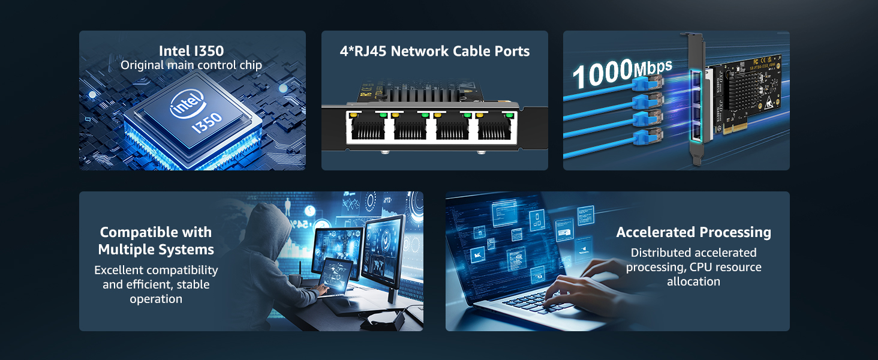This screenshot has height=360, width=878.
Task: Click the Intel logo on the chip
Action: [x=187, y=104]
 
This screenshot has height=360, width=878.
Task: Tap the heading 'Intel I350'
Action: [x=191, y=51]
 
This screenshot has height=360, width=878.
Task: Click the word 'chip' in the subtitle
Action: [x=251, y=65]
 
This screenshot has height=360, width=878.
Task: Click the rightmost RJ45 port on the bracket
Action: [x=495, y=126]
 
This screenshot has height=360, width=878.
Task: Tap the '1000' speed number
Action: [x=603, y=73]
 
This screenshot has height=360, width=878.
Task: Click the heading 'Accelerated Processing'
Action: [x=694, y=232]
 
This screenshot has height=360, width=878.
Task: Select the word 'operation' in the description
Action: [x=156, y=299]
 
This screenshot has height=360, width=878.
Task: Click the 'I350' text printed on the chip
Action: [x=207, y=123]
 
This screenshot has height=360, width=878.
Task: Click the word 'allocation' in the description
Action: [x=694, y=281]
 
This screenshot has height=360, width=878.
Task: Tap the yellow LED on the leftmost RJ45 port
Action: [x=354, y=115]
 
